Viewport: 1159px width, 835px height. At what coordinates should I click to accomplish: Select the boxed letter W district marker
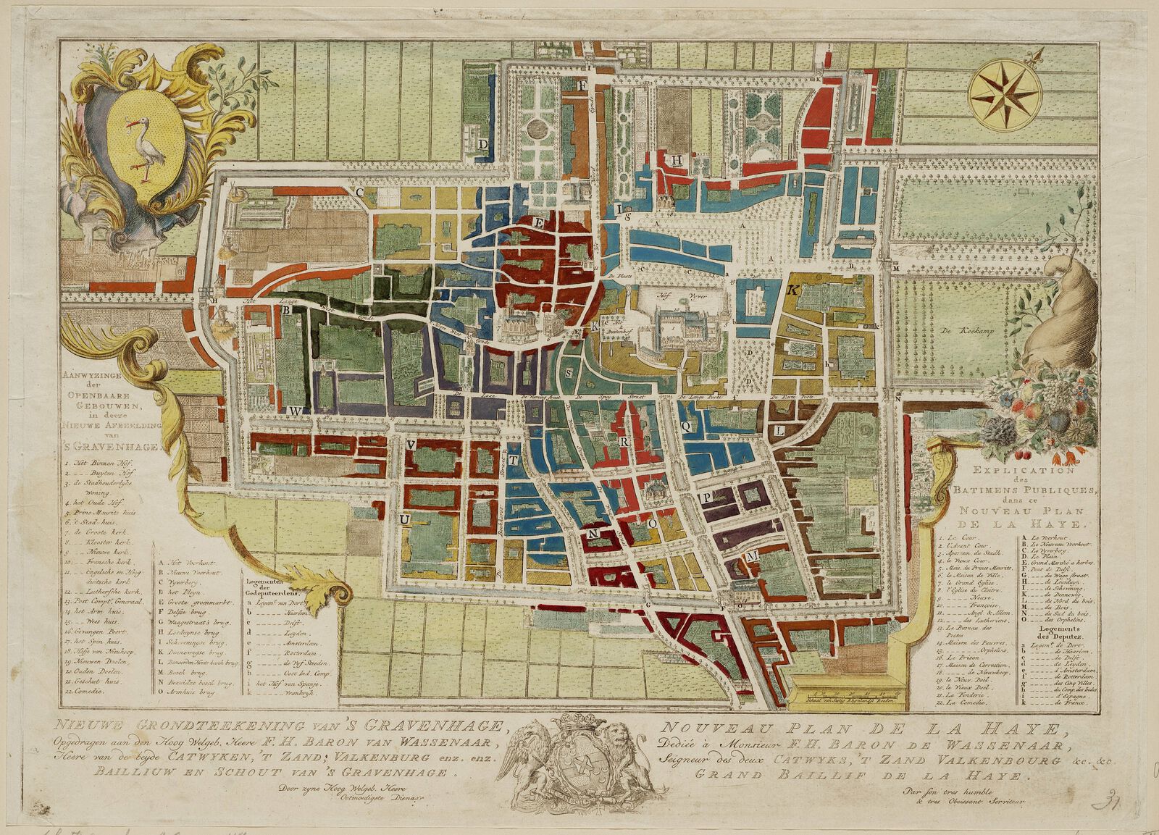click(295, 411)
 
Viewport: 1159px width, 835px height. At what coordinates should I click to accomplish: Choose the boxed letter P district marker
click(704, 498)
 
